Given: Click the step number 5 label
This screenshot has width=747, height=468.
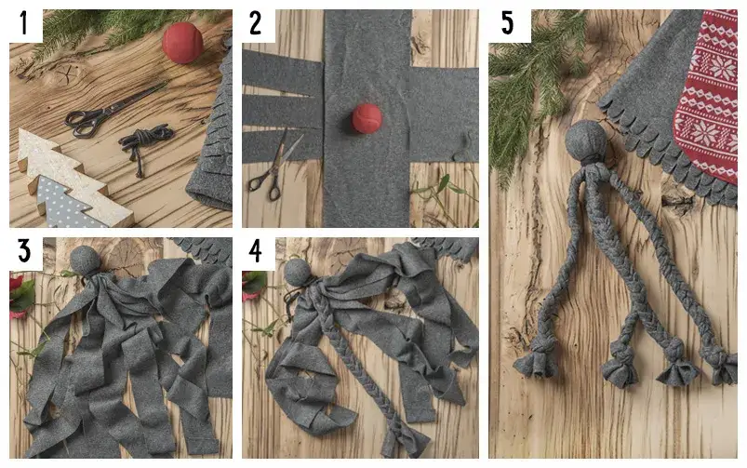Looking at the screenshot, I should coord(507,24).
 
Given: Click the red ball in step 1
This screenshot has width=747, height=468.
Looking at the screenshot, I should coord(182,43).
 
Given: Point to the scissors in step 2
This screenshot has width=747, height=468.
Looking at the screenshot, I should coord(274,167).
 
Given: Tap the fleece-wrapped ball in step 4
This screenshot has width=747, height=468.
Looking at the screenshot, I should coord(298,272).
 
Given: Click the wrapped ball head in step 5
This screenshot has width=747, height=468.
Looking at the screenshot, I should coord(585,141).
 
